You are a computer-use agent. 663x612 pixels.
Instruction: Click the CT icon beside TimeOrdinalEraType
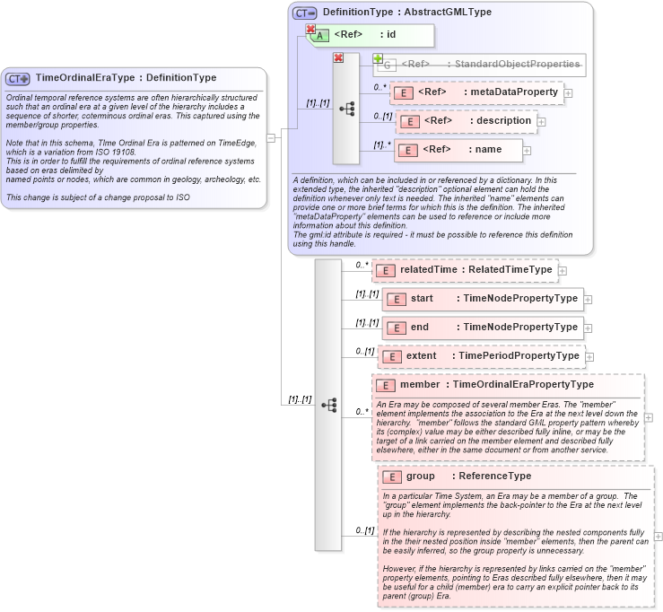coord(18,79)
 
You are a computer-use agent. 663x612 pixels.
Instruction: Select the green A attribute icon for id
coord(320,35)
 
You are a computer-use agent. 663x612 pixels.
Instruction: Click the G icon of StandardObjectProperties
coord(385,65)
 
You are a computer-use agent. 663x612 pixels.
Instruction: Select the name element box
coord(459,150)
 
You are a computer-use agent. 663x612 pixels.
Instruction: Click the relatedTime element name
coord(427,269)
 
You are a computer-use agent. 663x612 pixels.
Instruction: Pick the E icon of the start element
coord(395,299)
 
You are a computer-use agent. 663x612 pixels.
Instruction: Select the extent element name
coord(421,356)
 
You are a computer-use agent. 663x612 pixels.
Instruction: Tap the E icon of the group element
coord(391,476)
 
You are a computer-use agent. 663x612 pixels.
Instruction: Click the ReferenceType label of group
coord(494,476)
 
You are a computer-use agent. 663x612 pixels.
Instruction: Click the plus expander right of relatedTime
coord(563,269)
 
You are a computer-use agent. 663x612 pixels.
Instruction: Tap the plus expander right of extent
coord(590,357)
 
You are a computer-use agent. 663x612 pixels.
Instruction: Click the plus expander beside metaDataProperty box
coord(568,93)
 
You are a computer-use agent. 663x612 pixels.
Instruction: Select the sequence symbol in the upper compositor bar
coord(346,109)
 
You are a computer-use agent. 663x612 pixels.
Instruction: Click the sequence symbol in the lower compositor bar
coord(328,406)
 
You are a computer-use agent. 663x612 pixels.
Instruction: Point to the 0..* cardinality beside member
coord(362,412)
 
